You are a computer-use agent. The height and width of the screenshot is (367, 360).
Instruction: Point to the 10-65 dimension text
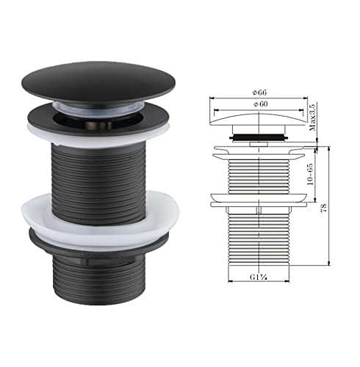pyautogui.click(x=313, y=175)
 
